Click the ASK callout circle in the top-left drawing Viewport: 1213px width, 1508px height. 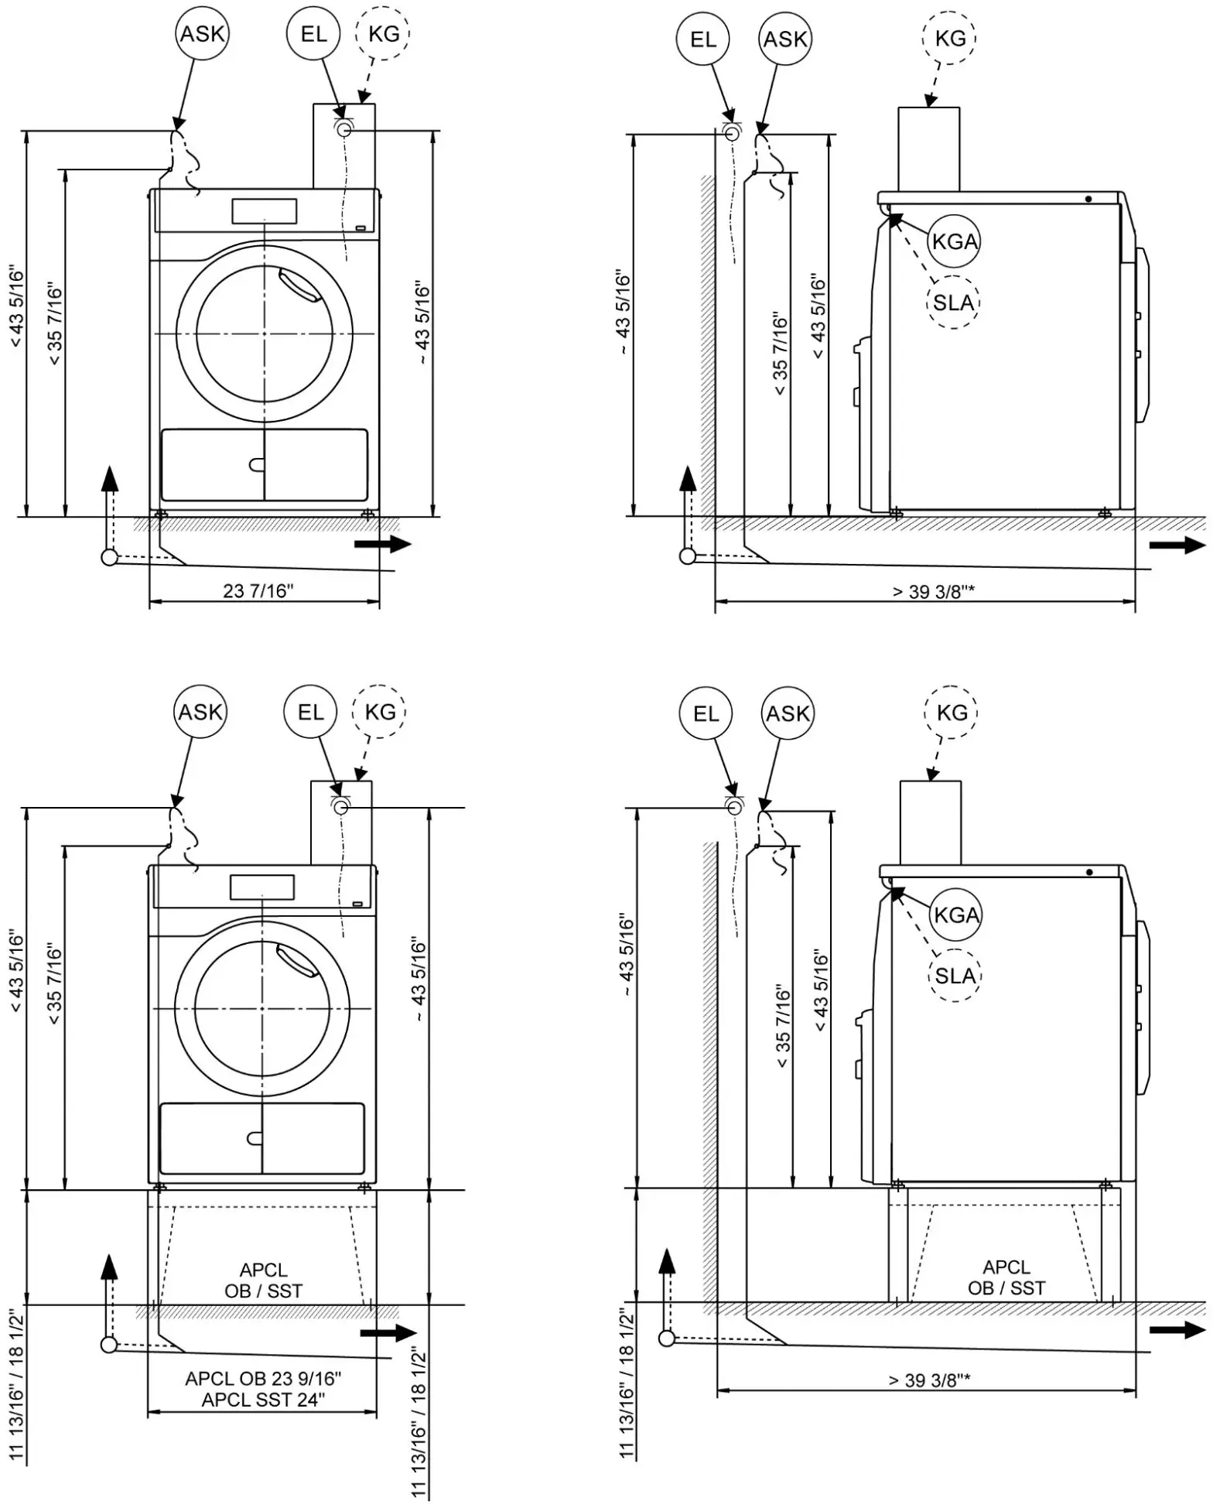tap(202, 34)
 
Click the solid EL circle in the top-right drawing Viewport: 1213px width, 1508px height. tap(703, 39)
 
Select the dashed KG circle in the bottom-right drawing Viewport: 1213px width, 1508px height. tap(951, 712)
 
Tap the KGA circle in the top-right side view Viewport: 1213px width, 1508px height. tap(955, 241)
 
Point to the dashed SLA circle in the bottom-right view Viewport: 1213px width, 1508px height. tap(955, 976)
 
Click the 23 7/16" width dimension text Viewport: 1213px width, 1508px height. tap(258, 591)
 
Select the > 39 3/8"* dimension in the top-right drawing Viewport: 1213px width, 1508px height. tap(933, 592)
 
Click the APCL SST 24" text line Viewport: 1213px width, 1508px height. tap(263, 1400)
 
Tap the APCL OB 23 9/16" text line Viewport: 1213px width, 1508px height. tap(263, 1379)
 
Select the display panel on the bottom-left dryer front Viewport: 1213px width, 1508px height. tap(262, 887)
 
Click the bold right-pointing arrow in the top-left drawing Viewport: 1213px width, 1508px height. tap(383, 544)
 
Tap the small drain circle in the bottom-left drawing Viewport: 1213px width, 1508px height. tap(109, 1345)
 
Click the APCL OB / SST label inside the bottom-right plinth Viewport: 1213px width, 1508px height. tap(1006, 1277)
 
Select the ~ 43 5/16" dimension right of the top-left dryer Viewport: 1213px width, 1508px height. tap(422, 323)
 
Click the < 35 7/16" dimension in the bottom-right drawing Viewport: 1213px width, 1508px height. tap(784, 1027)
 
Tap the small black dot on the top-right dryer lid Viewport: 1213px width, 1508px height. tap(1088, 199)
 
